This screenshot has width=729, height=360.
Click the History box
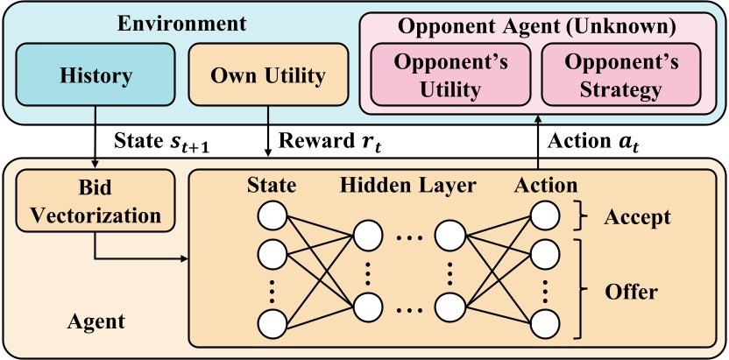tap(96, 74)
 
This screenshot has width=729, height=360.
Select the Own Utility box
tap(268, 74)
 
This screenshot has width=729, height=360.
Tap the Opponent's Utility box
tap(450, 74)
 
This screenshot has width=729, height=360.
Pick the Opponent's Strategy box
tap(620, 74)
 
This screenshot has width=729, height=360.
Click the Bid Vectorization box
tap(96, 201)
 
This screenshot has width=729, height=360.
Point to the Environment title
tap(181, 24)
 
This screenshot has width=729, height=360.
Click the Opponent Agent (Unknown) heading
tap(537, 26)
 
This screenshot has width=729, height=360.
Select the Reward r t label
tap(329, 142)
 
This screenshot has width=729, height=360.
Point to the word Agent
tap(96, 321)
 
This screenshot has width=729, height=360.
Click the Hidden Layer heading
tap(408, 186)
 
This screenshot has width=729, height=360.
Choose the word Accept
tap(637, 217)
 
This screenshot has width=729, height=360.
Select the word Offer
tap(631, 292)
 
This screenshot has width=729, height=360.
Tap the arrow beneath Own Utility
tap(268, 132)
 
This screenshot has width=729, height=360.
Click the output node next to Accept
tap(545, 215)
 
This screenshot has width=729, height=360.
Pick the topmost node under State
tap(272, 215)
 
